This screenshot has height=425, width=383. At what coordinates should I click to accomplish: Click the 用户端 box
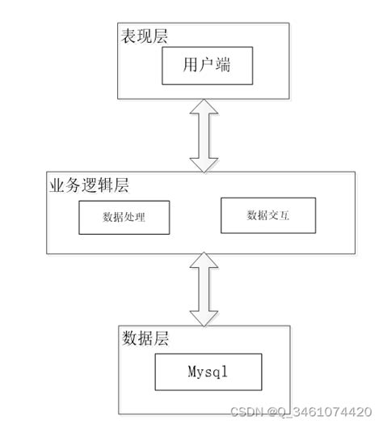(207, 66)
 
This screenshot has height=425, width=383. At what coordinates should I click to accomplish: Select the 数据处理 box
(124, 218)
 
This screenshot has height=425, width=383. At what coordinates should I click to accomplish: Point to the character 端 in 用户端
(223, 66)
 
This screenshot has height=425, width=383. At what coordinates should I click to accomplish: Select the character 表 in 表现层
(128, 37)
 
